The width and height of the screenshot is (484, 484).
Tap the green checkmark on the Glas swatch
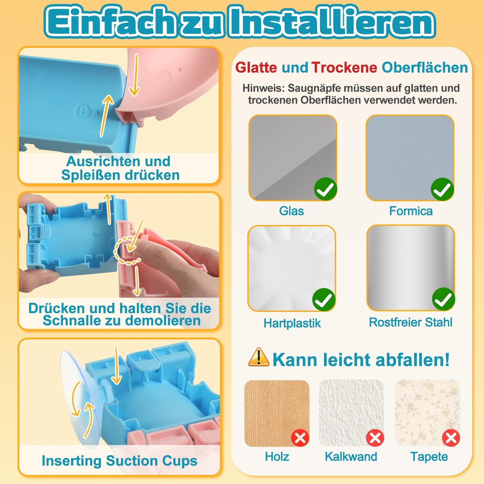(326, 189)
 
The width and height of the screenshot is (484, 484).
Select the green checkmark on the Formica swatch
(443, 189)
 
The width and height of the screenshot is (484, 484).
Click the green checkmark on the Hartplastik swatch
(324, 300)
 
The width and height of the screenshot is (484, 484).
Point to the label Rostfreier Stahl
(410, 322)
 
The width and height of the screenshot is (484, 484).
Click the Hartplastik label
(292, 323)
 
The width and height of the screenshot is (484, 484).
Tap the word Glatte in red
(256, 67)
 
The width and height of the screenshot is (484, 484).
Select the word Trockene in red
(344, 67)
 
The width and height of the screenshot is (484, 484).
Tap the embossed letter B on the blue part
(82, 112)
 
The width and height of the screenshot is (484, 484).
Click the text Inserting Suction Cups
(119, 461)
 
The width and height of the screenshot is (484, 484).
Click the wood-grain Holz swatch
(277, 413)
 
